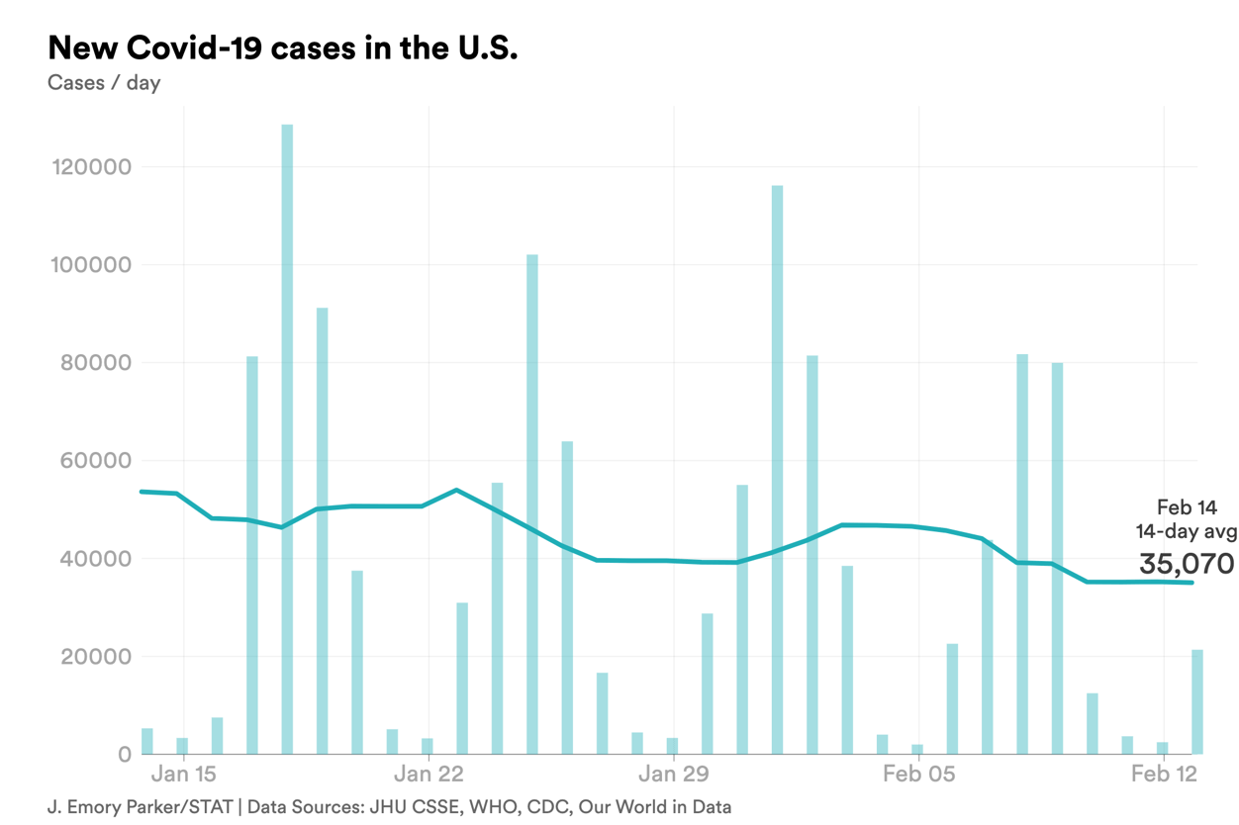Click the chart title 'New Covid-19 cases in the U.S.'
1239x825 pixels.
pyautogui.click(x=282, y=47)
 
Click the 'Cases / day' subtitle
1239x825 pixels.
pyautogui.click(x=104, y=82)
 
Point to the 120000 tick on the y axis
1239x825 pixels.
pyautogui.click(x=90, y=166)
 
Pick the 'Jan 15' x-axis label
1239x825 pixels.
pyautogui.click(x=184, y=773)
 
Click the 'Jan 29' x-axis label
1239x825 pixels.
pyautogui.click(x=673, y=773)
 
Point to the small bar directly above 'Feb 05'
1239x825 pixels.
pyautogui.click(x=917, y=749)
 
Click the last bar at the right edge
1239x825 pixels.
pyautogui.click(x=1197, y=702)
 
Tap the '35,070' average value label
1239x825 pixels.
pyautogui.click(x=1186, y=564)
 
